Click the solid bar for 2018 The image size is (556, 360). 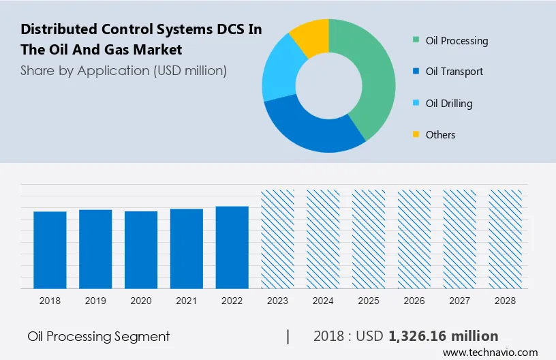[x=50, y=250]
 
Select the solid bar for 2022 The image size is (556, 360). [x=232, y=247]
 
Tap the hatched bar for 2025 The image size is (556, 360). [x=369, y=239]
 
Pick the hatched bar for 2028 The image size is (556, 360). [x=506, y=239]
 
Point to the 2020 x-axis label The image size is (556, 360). [x=141, y=301]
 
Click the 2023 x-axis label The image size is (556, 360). [x=278, y=301]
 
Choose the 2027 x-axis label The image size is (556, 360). [x=460, y=301]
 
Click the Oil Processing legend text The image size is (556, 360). [x=457, y=41]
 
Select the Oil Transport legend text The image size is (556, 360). [x=454, y=72]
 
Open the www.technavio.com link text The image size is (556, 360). [x=491, y=352]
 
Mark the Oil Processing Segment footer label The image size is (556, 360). [x=99, y=336]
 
